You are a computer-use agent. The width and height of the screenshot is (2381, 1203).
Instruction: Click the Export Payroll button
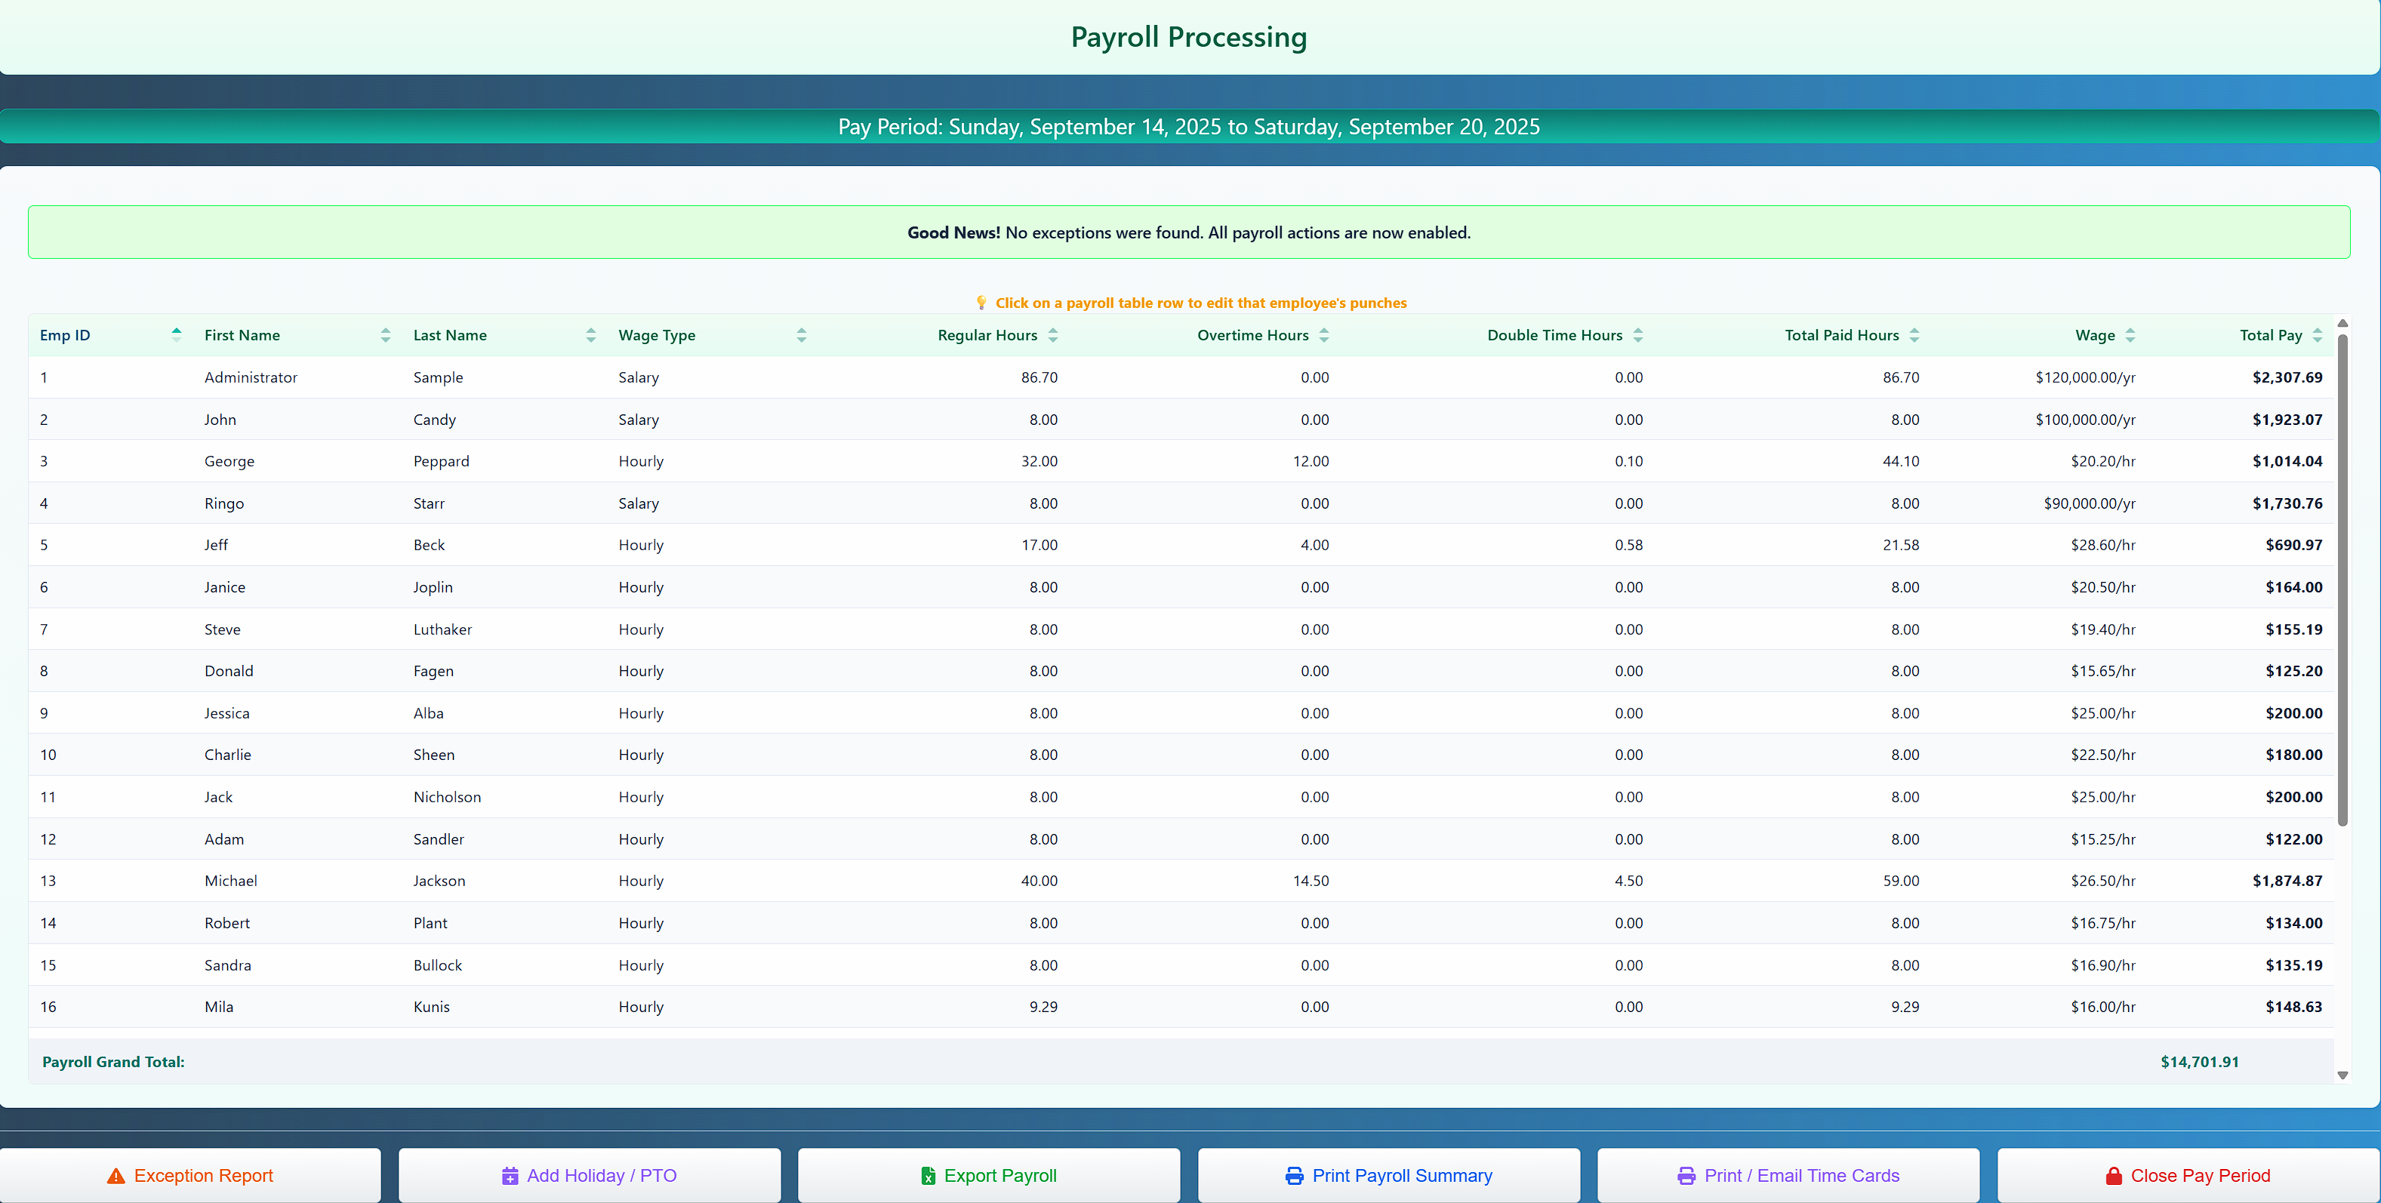coord(988,1175)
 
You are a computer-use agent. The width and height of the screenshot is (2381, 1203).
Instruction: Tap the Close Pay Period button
coord(2188,1175)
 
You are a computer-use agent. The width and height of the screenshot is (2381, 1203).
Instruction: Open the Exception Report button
coord(190,1175)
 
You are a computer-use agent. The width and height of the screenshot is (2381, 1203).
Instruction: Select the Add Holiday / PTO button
coord(589,1175)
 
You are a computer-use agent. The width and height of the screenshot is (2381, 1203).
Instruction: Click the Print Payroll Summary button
coord(1388,1175)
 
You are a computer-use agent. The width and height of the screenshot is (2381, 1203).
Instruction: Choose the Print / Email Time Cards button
coord(1788,1175)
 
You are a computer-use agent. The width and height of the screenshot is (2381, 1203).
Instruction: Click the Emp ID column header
coord(65,335)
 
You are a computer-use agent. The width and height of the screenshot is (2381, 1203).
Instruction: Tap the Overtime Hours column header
coord(1252,335)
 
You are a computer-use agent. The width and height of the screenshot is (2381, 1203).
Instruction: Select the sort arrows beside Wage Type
coord(802,335)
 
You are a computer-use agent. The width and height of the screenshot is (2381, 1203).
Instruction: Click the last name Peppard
coord(441,461)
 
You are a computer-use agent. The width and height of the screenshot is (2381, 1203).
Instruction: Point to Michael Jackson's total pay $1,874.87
coord(2287,881)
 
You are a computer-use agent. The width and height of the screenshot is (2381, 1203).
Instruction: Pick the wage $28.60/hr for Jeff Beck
coord(2102,545)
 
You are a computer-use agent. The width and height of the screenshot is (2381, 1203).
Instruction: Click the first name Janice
coord(225,586)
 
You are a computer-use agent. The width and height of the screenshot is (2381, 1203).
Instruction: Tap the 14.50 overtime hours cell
coord(1311,881)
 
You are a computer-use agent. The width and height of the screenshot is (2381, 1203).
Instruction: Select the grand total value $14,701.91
coord(2199,1062)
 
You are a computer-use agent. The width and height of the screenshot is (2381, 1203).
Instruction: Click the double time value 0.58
coord(1628,545)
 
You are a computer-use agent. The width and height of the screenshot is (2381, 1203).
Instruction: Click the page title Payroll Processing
coord(1189,37)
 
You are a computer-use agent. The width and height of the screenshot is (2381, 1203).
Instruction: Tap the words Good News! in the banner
coord(953,233)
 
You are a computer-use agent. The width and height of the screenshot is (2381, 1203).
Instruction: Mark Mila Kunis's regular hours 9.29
coord(1043,1006)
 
